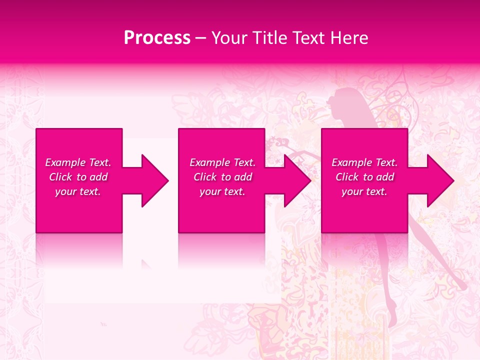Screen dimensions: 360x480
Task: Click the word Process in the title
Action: pos(157,38)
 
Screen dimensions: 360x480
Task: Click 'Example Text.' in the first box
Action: pos(78,162)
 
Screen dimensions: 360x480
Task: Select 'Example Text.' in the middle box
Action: pos(222,162)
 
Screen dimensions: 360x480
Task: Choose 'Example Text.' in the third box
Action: pos(364,162)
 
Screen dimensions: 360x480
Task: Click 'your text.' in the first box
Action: pos(78,191)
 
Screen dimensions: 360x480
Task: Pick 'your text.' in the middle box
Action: pos(222,191)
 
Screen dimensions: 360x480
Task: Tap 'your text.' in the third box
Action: pos(364,191)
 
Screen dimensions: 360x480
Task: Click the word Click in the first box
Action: pos(61,177)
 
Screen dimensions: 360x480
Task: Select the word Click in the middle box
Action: pos(205,177)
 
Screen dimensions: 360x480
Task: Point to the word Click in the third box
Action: pos(347,177)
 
